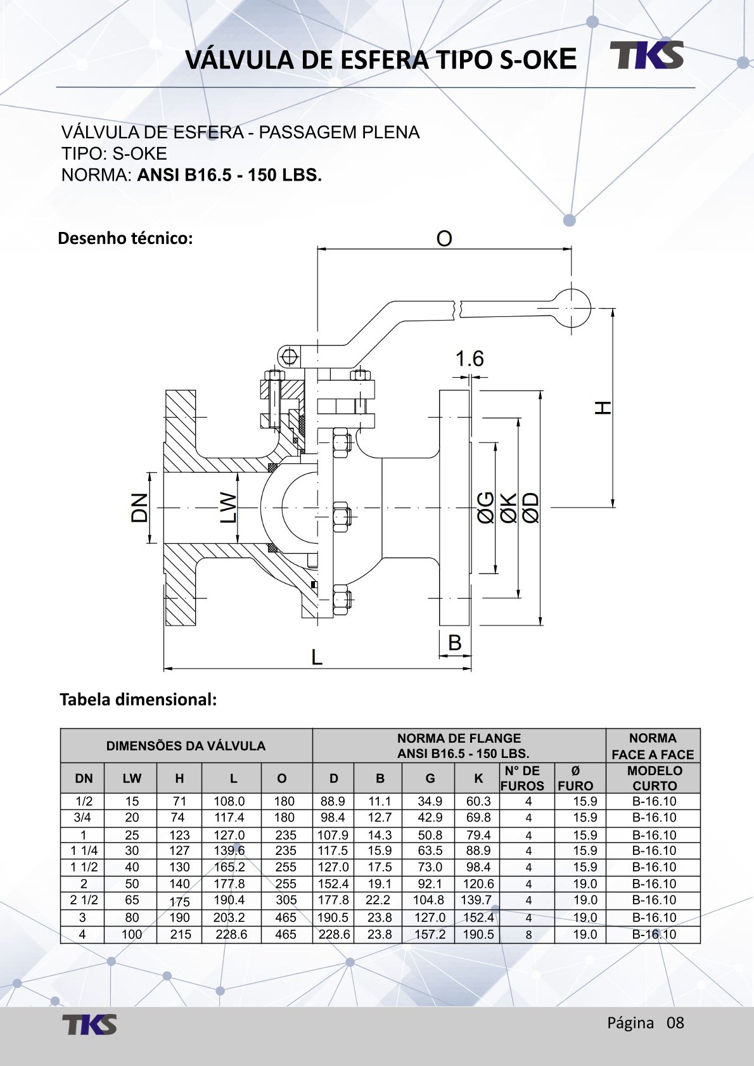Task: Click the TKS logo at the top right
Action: click(647, 55)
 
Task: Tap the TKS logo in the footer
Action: click(89, 1025)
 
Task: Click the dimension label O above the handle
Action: click(444, 239)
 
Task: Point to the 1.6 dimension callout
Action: click(469, 359)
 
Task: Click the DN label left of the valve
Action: click(139, 507)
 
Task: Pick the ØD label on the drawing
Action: click(531, 508)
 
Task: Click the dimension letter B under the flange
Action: click(455, 643)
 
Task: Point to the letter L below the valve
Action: click(317, 657)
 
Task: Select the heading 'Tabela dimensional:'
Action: click(138, 700)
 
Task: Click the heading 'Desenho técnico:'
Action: click(125, 239)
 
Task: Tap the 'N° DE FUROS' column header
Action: click(522, 778)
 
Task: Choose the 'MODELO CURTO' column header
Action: click(654, 778)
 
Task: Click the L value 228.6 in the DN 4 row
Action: click(231, 934)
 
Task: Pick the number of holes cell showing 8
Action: click(528, 935)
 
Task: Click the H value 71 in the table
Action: click(179, 801)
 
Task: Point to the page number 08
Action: click(675, 1023)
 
